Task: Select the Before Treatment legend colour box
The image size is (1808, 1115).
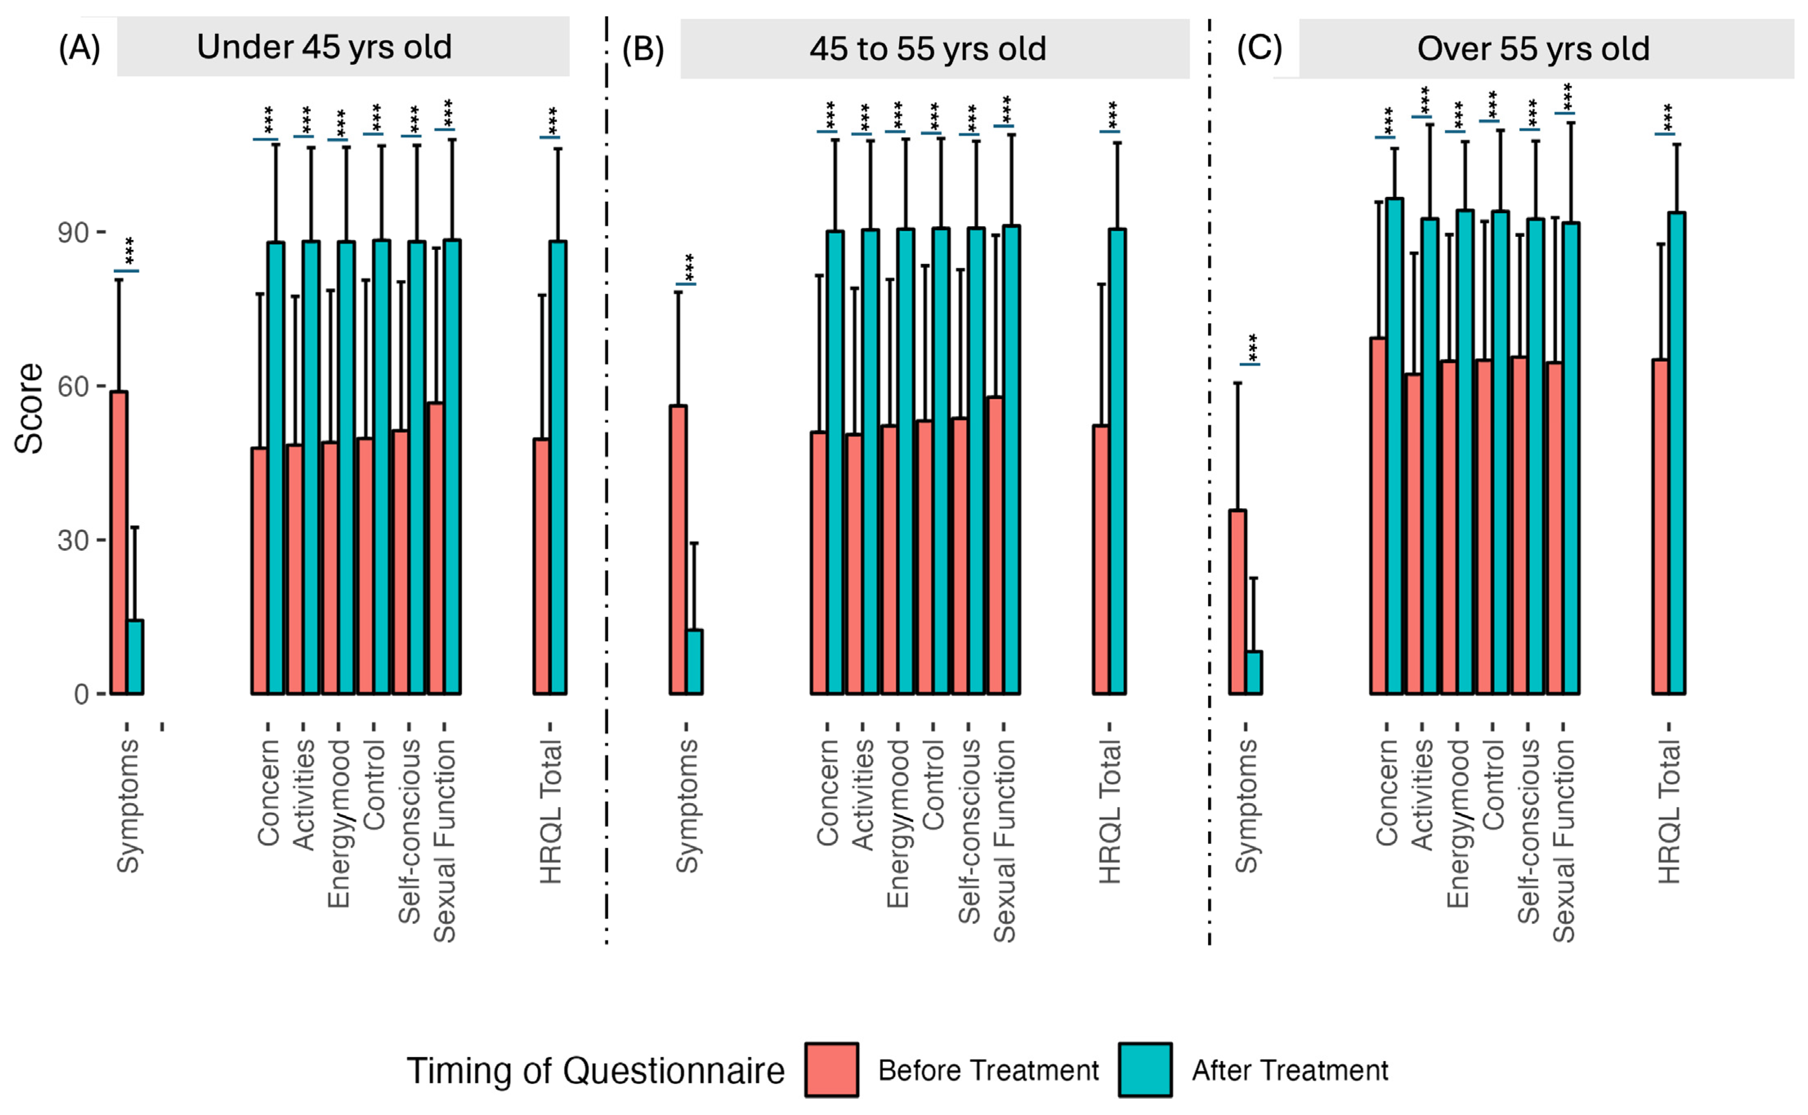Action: click(831, 1069)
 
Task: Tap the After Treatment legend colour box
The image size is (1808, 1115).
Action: click(1145, 1069)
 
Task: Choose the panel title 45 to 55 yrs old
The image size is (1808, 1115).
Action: click(927, 49)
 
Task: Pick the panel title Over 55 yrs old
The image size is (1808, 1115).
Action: click(1533, 49)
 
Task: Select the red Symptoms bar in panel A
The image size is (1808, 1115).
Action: click(119, 543)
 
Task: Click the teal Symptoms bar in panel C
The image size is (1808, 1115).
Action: click(1254, 672)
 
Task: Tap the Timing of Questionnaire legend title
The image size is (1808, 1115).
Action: click(595, 1071)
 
